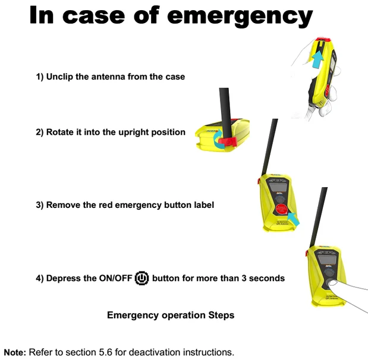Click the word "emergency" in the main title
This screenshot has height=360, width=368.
pos(240,16)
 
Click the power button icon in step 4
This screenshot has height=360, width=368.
pos(141,278)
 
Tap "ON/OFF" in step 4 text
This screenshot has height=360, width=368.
pos(112,278)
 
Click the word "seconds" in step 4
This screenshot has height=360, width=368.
pos(266,278)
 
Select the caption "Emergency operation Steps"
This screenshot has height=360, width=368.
pos(170,315)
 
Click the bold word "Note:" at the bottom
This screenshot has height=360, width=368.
pos(15,352)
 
